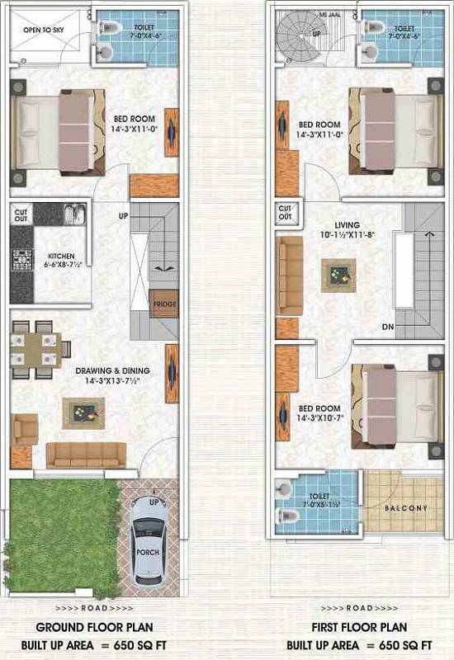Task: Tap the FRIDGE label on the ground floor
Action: (163, 305)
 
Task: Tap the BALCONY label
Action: (405, 507)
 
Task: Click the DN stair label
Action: (387, 327)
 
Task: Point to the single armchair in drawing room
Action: (26, 429)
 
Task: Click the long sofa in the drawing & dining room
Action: (85, 454)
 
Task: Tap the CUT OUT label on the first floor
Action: (286, 213)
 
